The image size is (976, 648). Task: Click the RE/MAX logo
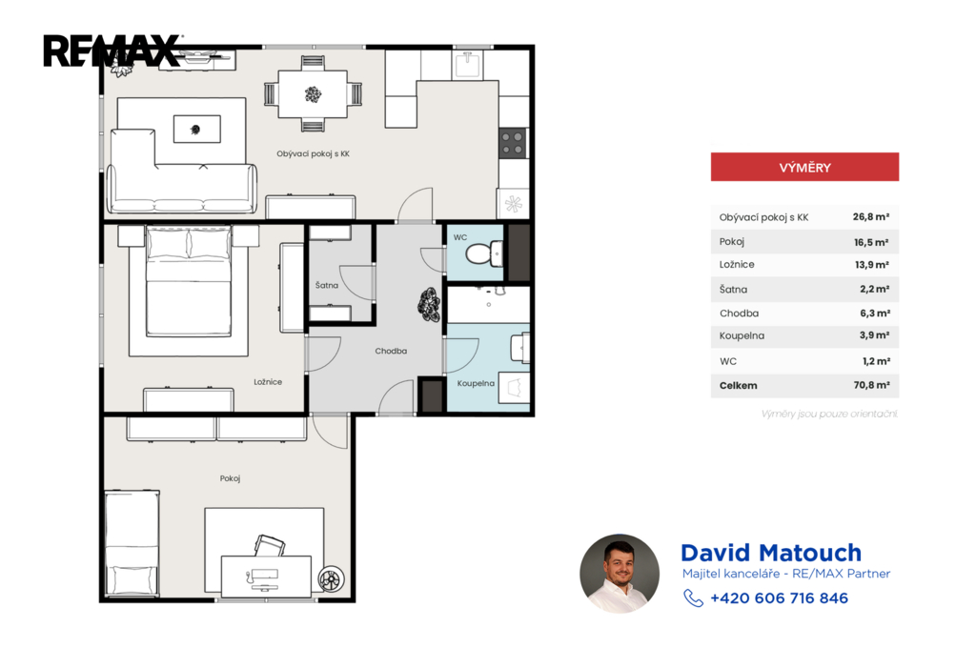pyautogui.click(x=112, y=51)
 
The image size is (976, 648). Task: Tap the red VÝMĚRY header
pyautogui.click(x=804, y=167)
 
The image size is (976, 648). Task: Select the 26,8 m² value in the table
pyautogui.click(x=871, y=216)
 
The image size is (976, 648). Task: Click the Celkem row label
pyautogui.click(x=739, y=385)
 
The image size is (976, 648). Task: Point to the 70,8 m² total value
pyautogui.click(x=871, y=385)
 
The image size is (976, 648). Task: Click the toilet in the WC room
pyautogui.click(x=483, y=254)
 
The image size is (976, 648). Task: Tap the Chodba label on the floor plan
pyautogui.click(x=391, y=351)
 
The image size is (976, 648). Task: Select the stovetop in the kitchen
pyautogui.click(x=513, y=143)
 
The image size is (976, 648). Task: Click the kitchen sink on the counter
pyautogui.click(x=467, y=64)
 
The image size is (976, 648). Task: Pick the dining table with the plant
pyautogui.click(x=313, y=94)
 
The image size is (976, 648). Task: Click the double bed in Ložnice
pyautogui.click(x=189, y=281)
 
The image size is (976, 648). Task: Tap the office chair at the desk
pyautogui.click(x=270, y=545)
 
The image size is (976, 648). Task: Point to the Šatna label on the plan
pyautogui.click(x=327, y=285)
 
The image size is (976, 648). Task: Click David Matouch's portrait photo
pyautogui.click(x=620, y=574)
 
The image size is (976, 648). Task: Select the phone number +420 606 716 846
pyautogui.click(x=780, y=598)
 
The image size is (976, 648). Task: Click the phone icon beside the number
pyautogui.click(x=693, y=598)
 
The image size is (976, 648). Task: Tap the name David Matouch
pyautogui.click(x=771, y=553)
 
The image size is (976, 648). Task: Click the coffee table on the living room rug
pyautogui.click(x=196, y=129)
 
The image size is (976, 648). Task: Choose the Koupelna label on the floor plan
pyautogui.click(x=476, y=383)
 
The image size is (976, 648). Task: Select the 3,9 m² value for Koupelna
pyautogui.click(x=874, y=334)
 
